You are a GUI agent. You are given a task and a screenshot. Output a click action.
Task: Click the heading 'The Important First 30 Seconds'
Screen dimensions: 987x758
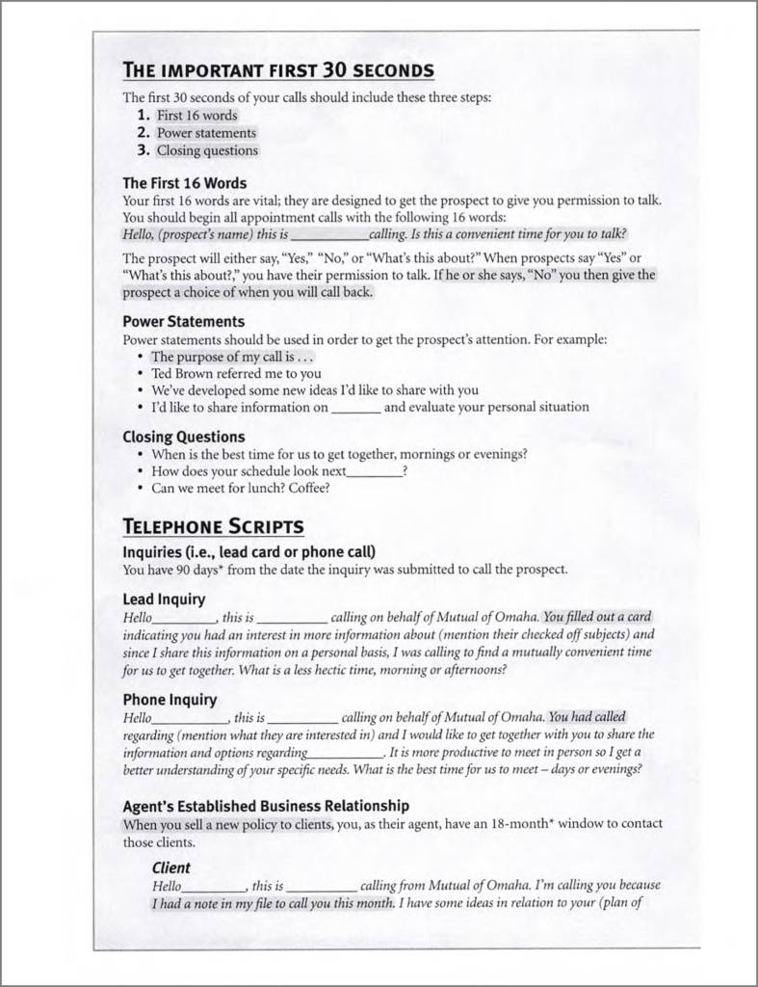coord(278,70)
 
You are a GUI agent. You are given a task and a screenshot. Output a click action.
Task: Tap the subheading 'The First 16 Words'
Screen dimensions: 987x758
coord(185,182)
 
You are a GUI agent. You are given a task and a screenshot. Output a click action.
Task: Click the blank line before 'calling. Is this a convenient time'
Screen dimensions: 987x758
coord(328,234)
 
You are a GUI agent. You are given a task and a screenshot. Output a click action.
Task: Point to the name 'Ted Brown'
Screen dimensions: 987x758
coord(182,373)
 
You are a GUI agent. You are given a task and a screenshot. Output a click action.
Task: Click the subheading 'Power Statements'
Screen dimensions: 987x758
coord(184,321)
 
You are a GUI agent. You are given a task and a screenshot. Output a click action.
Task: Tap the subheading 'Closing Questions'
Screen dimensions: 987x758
coord(184,437)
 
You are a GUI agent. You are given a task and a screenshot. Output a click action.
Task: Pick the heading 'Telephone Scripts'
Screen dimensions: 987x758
coord(214,526)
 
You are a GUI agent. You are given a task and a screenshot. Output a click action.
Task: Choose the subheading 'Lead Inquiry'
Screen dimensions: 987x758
coord(164,599)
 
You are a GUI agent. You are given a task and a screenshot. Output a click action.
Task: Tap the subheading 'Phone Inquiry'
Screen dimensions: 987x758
coord(170,699)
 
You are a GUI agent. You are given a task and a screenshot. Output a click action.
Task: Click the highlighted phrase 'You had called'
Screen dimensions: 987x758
coord(588,716)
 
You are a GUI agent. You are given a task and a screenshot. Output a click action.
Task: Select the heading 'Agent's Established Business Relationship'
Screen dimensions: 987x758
coord(266,805)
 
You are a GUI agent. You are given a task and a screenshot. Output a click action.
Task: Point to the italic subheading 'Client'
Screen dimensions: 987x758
coord(170,867)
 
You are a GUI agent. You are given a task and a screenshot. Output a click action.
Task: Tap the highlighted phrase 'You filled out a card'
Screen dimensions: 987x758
coord(598,617)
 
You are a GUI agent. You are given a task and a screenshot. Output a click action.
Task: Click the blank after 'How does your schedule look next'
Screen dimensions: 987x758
coord(374,471)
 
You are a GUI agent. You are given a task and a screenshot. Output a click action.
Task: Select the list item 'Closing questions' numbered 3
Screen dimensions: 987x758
coord(207,150)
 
